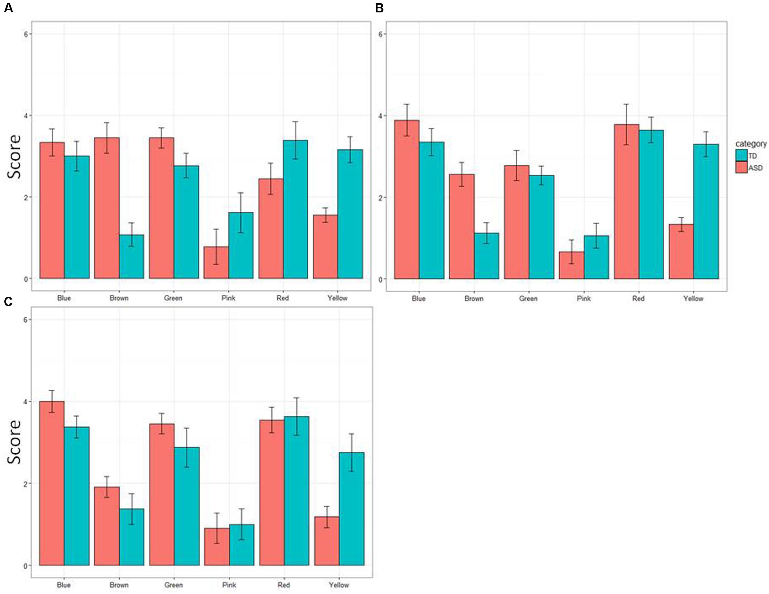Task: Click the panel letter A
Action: tap(8, 8)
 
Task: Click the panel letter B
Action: tap(379, 8)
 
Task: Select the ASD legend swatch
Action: tap(741, 167)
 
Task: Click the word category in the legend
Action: tap(751, 143)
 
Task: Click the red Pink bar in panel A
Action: tap(216, 263)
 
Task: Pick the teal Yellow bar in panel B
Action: tap(706, 211)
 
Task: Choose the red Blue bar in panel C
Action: tap(52, 483)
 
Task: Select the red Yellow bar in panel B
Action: tap(681, 251)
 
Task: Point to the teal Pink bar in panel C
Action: tap(242, 545)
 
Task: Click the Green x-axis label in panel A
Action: tap(173, 298)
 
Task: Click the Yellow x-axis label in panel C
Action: tap(339, 585)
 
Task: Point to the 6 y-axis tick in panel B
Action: tap(381, 34)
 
